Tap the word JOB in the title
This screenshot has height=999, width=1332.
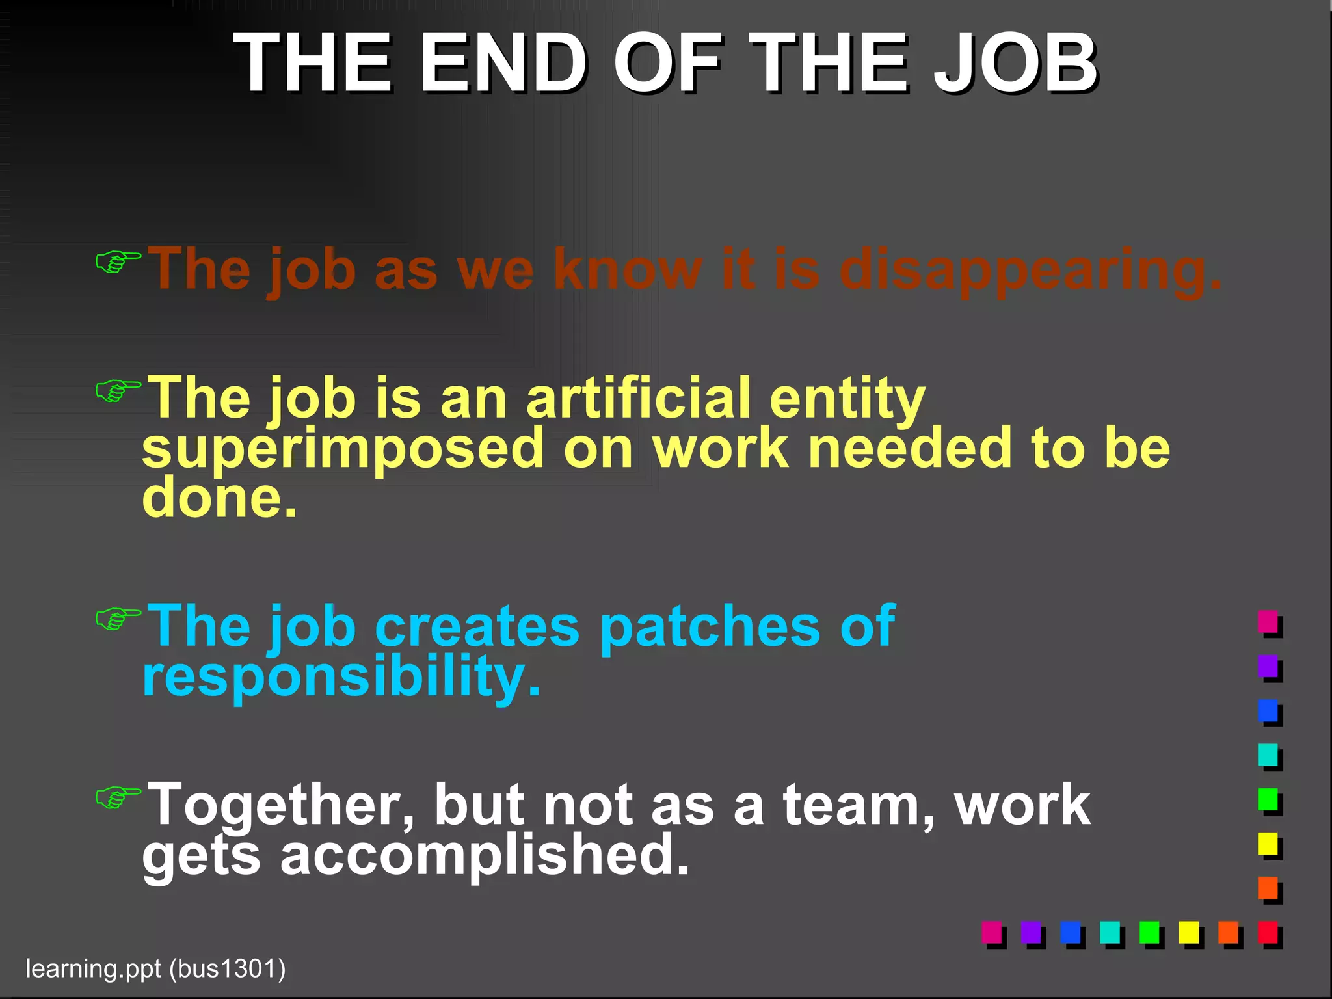(x=1015, y=64)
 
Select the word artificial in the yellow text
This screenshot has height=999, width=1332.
(x=639, y=398)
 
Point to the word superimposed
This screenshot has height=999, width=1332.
(x=343, y=449)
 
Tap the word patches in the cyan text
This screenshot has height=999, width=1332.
(x=710, y=626)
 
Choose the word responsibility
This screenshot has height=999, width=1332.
(x=341, y=676)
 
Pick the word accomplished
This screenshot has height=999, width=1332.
(x=485, y=855)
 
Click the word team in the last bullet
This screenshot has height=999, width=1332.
(x=859, y=805)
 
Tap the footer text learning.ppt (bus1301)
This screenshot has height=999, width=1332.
(x=155, y=968)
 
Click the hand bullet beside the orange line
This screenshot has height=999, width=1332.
(x=118, y=261)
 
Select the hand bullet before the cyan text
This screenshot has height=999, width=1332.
(x=118, y=619)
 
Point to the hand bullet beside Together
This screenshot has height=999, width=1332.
(x=118, y=797)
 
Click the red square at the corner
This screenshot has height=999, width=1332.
(x=1268, y=932)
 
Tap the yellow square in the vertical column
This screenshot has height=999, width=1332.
(x=1268, y=844)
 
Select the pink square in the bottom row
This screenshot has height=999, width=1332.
(x=991, y=932)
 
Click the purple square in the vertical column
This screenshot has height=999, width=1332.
(x=1268, y=666)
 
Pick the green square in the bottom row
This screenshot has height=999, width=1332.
(x=1149, y=932)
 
